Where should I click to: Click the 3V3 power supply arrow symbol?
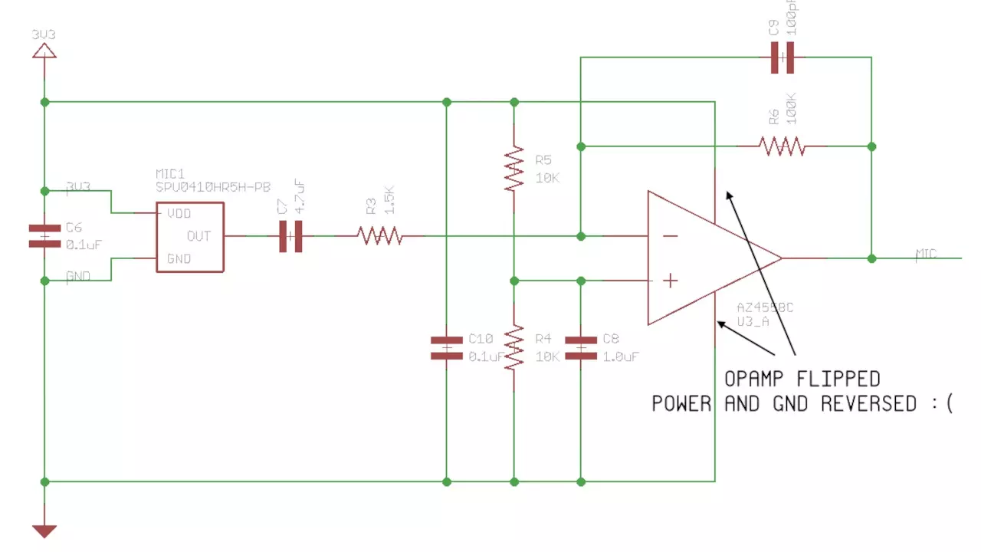tap(44, 51)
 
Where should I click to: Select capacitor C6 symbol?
tap(44, 235)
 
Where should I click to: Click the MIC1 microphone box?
tap(190, 236)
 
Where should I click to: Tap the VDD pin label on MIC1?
tap(179, 214)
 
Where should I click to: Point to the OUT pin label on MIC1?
tap(198, 236)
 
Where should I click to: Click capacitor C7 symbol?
tap(290, 236)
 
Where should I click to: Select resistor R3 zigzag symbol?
tap(379, 236)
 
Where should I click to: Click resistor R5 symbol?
tap(513, 169)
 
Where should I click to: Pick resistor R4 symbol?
tap(513, 347)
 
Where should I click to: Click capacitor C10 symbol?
tap(447, 347)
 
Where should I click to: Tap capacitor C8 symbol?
tap(580, 347)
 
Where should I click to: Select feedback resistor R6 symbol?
tap(782, 146)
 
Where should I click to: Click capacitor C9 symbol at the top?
tap(782, 58)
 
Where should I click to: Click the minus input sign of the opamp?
tap(670, 236)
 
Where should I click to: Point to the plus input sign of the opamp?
tap(670, 281)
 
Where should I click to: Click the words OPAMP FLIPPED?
tap(802, 379)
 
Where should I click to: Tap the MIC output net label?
tap(926, 254)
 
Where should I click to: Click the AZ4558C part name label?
tap(764, 307)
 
